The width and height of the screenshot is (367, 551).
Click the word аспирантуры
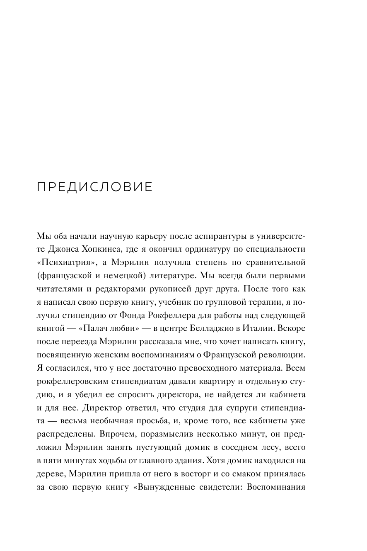click(x=215, y=237)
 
